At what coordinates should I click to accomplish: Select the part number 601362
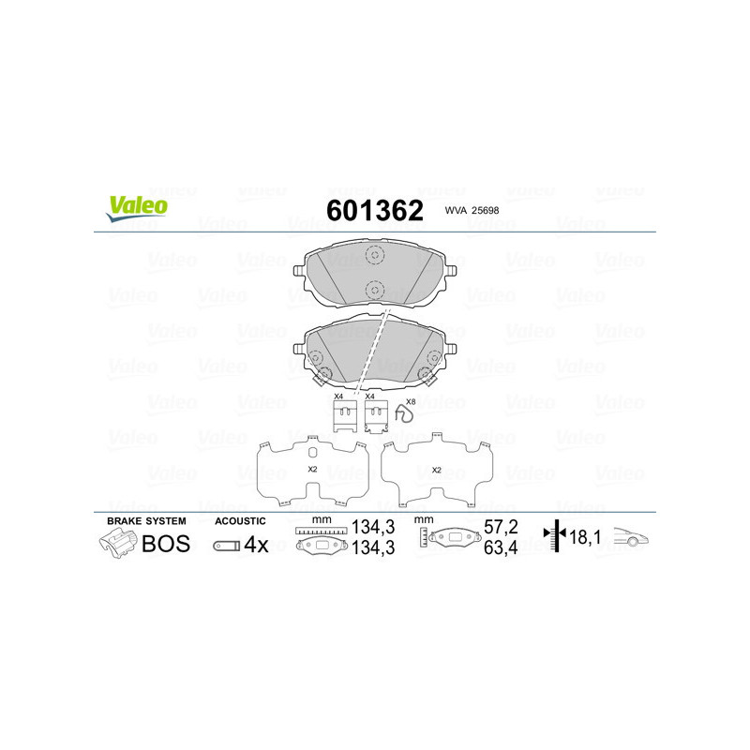click(374, 210)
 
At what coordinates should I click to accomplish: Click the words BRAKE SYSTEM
click(146, 520)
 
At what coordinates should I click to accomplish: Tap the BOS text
click(165, 544)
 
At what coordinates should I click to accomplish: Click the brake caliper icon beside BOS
click(118, 544)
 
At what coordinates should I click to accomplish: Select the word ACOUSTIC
click(241, 520)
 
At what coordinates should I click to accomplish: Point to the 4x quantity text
click(256, 545)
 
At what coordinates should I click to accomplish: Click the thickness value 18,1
click(586, 537)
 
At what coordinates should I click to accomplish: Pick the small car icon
click(631, 538)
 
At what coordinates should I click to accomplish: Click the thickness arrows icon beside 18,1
click(556, 537)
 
